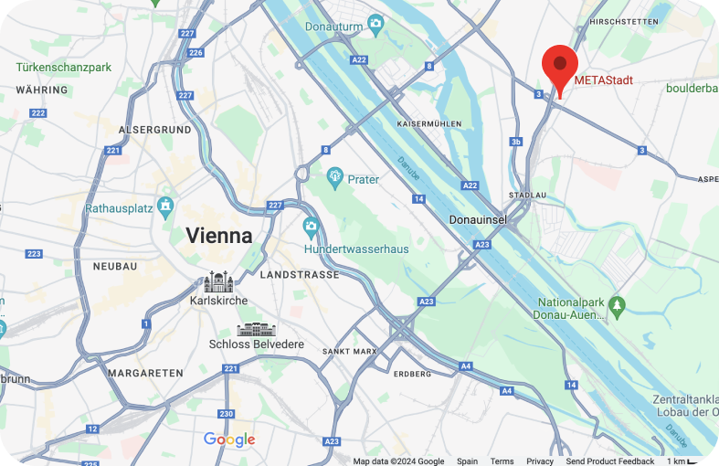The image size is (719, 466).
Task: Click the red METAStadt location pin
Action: (559, 66)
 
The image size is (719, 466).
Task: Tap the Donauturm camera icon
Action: (375, 23)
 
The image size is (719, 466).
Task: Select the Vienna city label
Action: (219, 235)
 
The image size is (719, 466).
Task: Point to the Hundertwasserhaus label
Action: (356, 249)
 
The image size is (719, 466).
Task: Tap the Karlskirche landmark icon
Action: (218, 281)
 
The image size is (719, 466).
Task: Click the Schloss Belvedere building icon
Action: (255, 329)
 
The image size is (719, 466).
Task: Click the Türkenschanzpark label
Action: (63, 68)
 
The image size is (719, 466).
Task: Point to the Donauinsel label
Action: (480, 220)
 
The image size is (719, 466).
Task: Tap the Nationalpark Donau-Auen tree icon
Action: (618, 302)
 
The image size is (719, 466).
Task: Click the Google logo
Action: (229, 440)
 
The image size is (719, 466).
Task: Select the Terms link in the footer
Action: (502, 461)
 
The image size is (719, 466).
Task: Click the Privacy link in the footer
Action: (540, 461)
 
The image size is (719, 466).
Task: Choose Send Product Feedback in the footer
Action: (609, 461)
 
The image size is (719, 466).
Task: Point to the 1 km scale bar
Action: (683, 461)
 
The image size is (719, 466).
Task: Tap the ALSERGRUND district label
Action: (149, 130)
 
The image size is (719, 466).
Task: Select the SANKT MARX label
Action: (349, 351)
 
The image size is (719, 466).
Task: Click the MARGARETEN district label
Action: (145, 373)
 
